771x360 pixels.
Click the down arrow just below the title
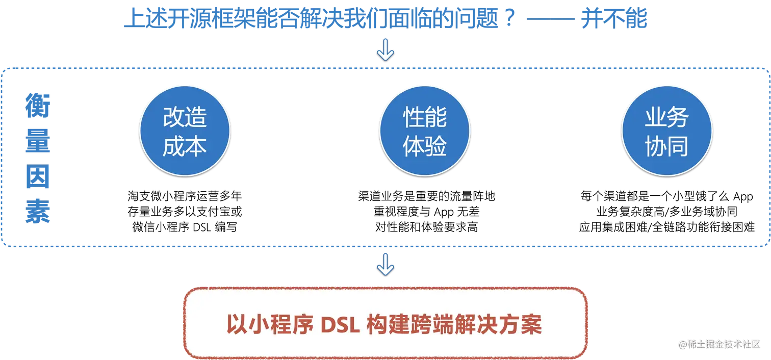click(x=385, y=51)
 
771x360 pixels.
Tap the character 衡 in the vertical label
click(x=38, y=104)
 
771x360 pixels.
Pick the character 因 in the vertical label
click(x=38, y=179)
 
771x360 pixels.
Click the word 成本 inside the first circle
click(x=185, y=147)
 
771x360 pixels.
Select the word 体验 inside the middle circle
click(x=425, y=147)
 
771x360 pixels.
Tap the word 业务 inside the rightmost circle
click(x=666, y=118)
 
